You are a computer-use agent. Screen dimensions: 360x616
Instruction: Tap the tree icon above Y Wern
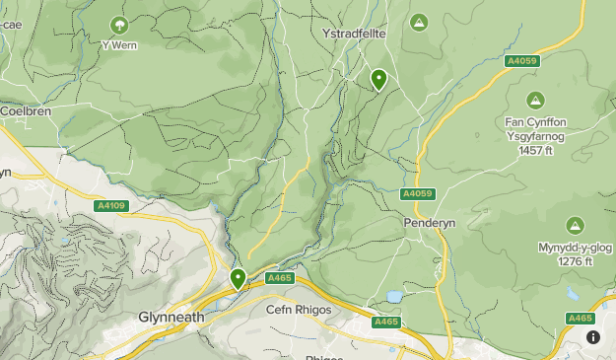(x=119, y=24)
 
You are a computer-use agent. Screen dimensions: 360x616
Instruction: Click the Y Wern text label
(x=119, y=44)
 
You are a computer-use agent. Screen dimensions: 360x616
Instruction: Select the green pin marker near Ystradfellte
(x=378, y=79)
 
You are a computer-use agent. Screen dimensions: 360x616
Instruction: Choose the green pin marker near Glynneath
(x=238, y=279)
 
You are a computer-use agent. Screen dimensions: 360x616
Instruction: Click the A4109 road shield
(x=111, y=206)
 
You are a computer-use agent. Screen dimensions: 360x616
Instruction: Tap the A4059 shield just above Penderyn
(x=418, y=193)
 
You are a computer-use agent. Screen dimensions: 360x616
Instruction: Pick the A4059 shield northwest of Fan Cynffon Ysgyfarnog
(x=521, y=61)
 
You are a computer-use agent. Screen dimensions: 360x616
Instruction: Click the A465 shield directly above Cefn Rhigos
(x=279, y=279)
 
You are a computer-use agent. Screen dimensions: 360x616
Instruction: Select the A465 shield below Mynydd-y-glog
(x=581, y=318)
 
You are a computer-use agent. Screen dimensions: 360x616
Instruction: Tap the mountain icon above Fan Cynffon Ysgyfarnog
(x=535, y=100)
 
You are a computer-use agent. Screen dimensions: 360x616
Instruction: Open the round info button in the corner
(x=593, y=337)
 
